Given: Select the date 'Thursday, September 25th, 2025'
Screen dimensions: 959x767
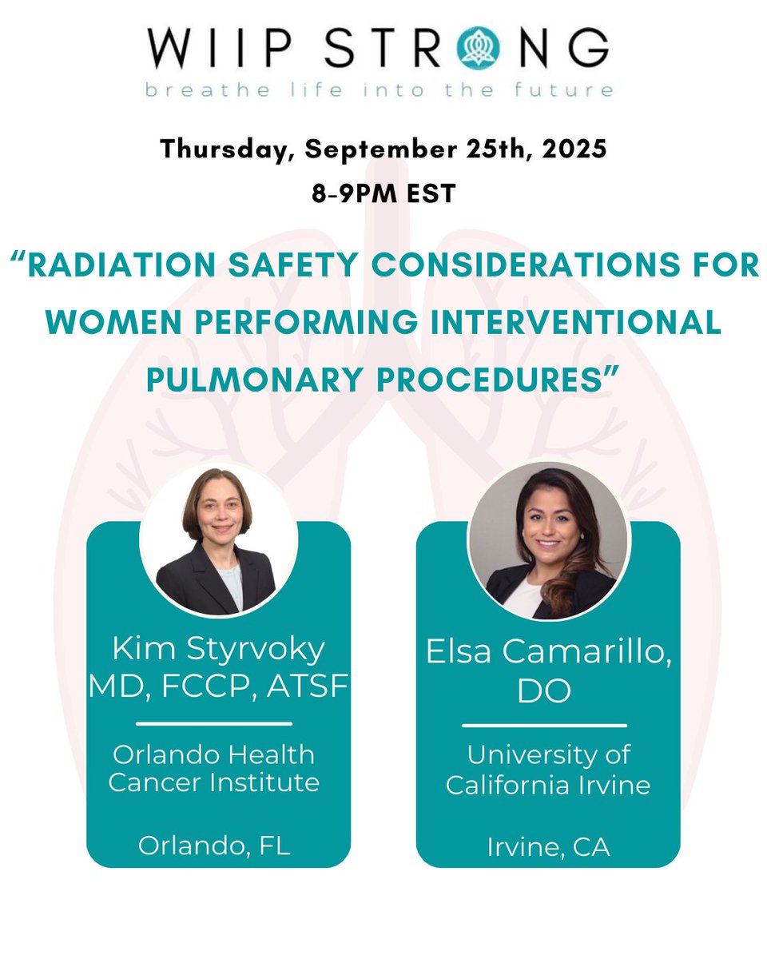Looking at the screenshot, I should click(383, 149).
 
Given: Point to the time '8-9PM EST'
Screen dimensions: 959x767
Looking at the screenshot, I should click(383, 193).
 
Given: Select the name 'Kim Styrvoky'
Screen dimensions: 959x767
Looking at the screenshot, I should click(218, 648).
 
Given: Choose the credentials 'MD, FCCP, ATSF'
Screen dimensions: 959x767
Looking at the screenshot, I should click(218, 686).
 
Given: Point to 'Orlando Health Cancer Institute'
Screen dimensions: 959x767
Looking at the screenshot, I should click(214, 768).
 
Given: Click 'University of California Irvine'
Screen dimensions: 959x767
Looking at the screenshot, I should click(548, 769).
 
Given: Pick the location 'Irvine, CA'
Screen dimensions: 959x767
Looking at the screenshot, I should click(548, 847).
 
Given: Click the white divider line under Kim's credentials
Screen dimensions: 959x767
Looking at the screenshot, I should click(214, 724).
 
